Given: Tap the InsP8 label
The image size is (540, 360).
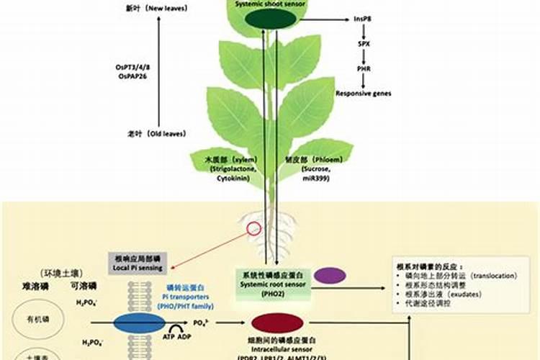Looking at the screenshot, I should (363, 19).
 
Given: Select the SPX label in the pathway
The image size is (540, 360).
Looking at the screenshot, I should (364, 45).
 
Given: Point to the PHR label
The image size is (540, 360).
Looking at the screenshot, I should (364, 69).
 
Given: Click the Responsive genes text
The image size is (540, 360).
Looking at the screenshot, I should (363, 94).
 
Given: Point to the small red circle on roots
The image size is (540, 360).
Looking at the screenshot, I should (253, 230).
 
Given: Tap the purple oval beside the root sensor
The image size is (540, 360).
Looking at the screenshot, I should (330, 275).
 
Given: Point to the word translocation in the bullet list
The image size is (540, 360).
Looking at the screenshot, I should (490, 276).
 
